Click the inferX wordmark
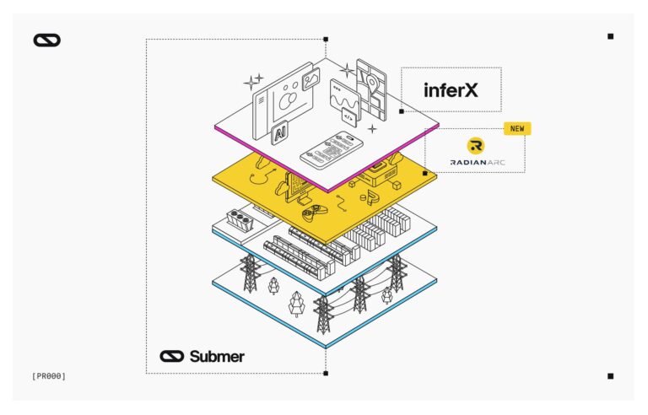pos(451,89)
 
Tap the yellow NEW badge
pos(516,129)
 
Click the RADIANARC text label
pos(475,161)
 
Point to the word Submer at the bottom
pos(217,356)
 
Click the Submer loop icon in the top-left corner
pos(47,40)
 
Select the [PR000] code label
pos(48,375)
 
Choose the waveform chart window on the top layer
pos(345,97)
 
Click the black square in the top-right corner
pos(610,36)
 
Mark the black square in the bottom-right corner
pos(610,376)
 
